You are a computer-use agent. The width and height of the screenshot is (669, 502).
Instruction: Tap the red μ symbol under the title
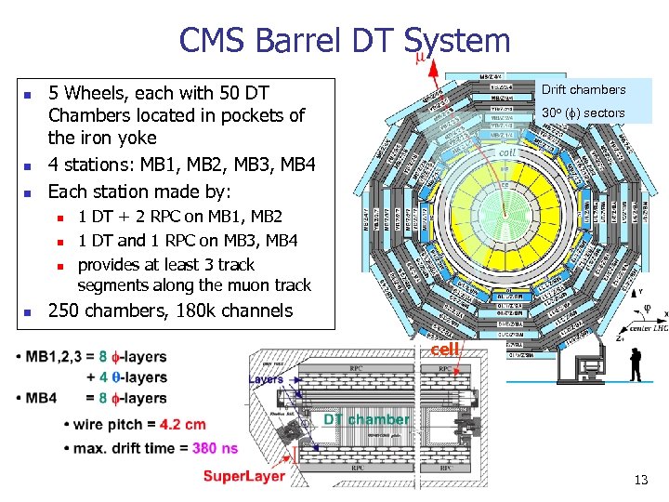419,59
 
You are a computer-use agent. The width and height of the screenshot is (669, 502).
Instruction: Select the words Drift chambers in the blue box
584,90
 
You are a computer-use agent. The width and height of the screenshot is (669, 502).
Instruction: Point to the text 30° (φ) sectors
584,113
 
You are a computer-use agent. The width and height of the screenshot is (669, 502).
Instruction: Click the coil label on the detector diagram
506,152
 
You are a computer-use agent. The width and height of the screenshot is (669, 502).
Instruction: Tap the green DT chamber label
367,419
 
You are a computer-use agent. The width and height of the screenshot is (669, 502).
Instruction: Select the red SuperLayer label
244,477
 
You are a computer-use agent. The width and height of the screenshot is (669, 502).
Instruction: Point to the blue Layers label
267,379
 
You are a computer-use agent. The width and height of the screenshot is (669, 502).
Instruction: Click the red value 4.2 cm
183,426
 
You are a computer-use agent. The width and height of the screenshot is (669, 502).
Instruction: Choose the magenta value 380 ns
216,448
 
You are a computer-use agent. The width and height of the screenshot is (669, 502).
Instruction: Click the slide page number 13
640,480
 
